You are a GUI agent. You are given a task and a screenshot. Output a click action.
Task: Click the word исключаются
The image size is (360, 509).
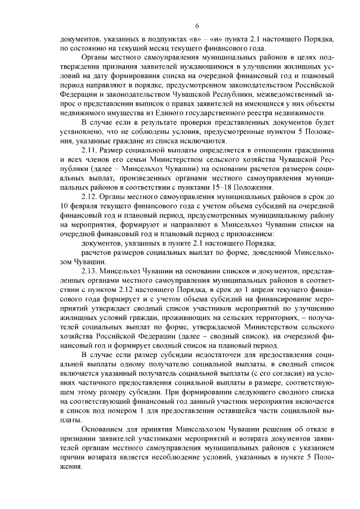tap(201, 141)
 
